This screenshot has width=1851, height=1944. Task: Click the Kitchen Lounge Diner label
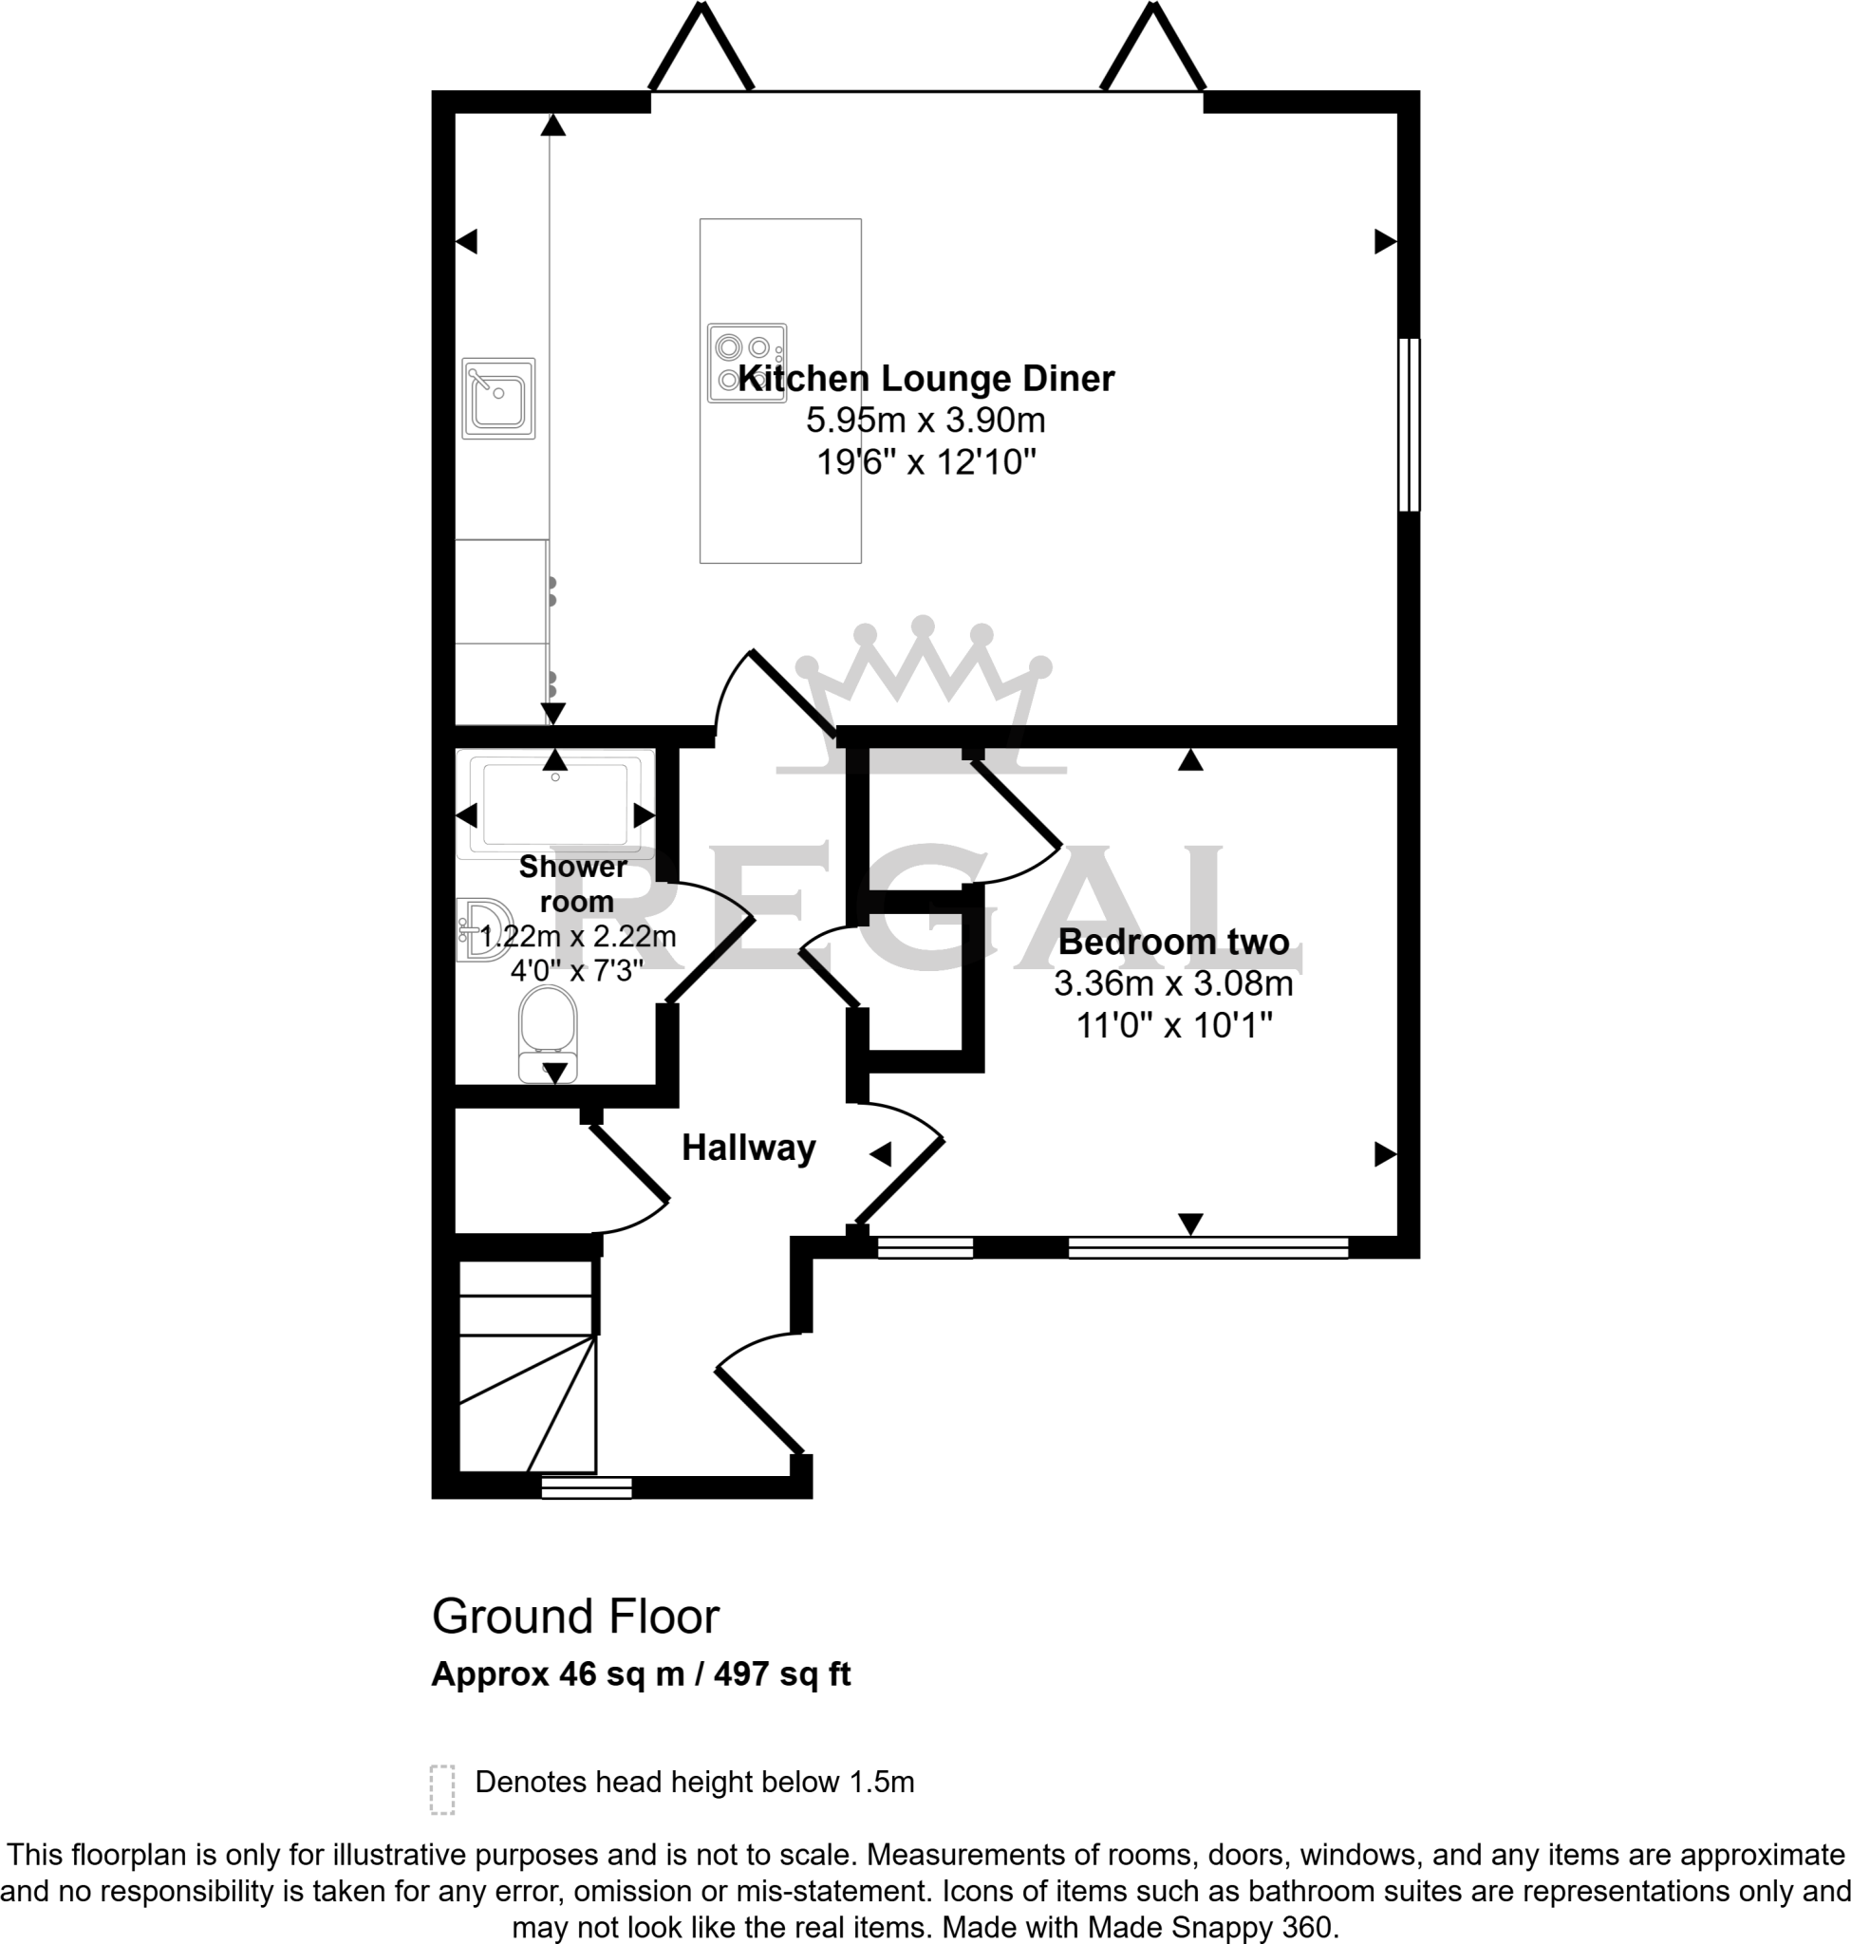(x=925, y=379)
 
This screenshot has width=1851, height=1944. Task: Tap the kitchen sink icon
(x=498, y=398)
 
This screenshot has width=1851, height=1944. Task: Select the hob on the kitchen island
(x=747, y=363)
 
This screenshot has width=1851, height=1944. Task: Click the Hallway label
(x=748, y=1148)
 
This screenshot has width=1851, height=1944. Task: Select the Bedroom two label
(x=1173, y=942)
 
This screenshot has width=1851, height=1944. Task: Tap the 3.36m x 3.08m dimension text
(x=1173, y=983)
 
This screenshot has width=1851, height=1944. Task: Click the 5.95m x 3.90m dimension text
(x=925, y=421)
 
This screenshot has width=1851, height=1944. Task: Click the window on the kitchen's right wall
(x=1409, y=424)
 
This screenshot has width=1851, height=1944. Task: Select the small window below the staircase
(x=586, y=1487)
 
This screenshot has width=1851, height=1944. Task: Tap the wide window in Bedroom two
(x=1207, y=1247)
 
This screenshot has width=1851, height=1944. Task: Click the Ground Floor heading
(x=575, y=1617)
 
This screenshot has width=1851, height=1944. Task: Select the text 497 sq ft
(x=781, y=1674)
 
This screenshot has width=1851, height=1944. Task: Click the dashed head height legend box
(x=442, y=1789)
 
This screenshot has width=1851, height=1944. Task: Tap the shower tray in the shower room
(x=554, y=803)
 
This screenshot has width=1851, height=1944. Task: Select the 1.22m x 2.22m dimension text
(x=578, y=936)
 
